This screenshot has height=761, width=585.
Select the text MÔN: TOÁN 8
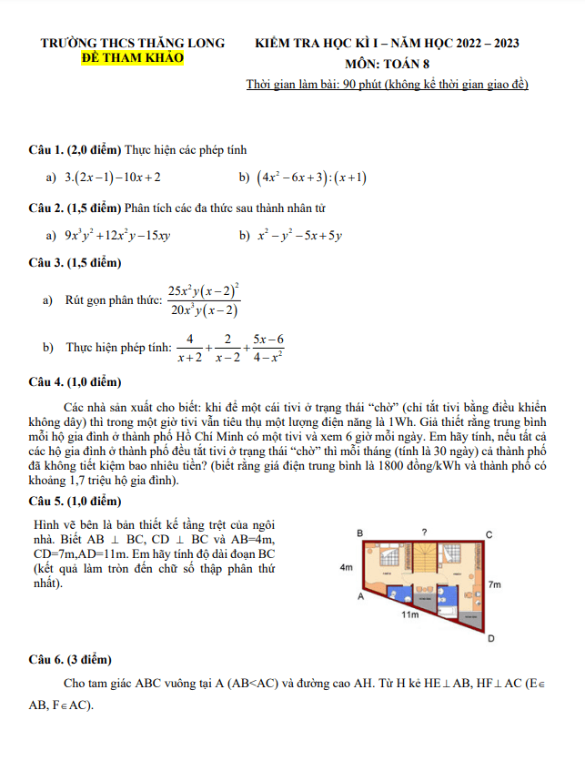[x=388, y=64]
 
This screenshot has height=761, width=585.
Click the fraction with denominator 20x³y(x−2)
[x=203, y=300]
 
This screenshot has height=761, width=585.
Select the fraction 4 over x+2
[x=189, y=349]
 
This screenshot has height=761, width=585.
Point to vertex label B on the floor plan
[x=359, y=533]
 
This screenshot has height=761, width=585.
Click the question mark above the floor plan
[x=423, y=531]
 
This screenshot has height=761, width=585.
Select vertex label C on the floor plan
[x=489, y=534]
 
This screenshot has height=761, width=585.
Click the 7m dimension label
[x=494, y=583]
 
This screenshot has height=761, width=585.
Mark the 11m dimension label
[x=410, y=615]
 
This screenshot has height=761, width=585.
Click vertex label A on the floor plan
[x=359, y=597]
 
